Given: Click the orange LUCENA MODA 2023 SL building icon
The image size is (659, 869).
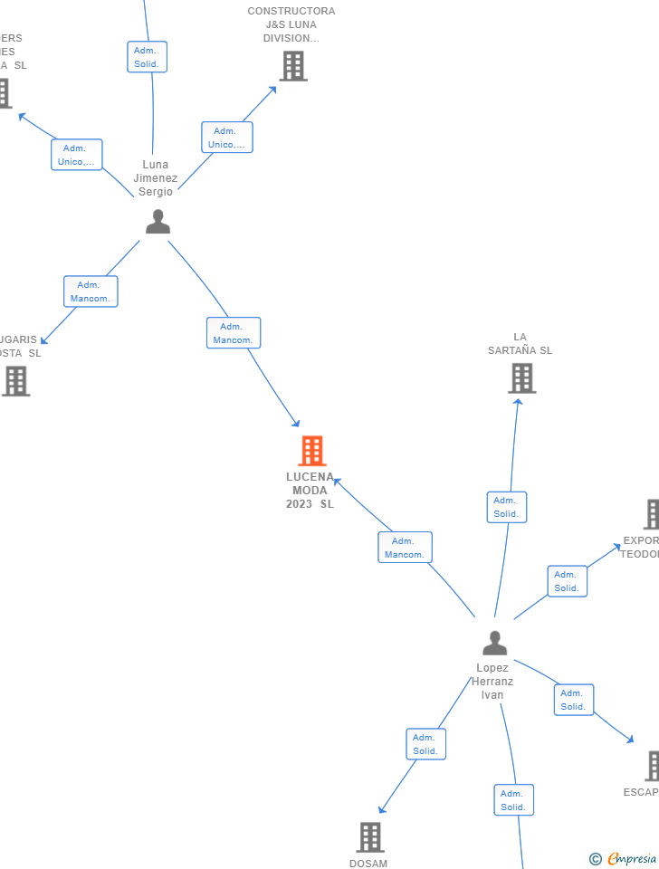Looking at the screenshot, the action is (x=311, y=451).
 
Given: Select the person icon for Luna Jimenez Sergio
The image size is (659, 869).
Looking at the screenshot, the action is (x=158, y=222).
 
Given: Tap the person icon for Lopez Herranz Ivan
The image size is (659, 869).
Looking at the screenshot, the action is (x=494, y=643).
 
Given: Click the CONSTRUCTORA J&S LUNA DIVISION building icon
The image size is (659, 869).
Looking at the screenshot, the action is (x=292, y=66).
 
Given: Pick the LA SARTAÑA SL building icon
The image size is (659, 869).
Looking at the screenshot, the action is (x=521, y=378).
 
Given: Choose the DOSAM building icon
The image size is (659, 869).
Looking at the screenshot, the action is (x=369, y=837).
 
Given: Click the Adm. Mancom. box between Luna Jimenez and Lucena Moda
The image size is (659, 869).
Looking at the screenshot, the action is (x=234, y=333).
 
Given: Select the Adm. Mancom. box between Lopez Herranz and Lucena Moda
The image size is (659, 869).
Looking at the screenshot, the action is (x=405, y=548).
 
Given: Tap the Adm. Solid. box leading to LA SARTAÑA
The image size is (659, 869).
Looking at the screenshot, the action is (x=506, y=507).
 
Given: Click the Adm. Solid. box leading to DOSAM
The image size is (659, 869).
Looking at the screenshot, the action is (x=425, y=744).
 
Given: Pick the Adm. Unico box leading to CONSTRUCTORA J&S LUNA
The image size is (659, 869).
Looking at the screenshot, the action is (x=226, y=138).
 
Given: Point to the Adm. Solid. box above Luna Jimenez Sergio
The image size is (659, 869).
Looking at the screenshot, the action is (x=147, y=57).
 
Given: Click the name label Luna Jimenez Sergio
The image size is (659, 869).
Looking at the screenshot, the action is (x=156, y=178).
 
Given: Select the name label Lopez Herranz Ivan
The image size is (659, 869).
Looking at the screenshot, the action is (x=492, y=682).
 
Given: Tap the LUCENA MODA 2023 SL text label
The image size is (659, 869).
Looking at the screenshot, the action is (x=310, y=491).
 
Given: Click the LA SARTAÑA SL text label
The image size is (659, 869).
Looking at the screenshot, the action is (x=520, y=344).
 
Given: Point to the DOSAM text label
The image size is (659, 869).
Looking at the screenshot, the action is (x=368, y=864).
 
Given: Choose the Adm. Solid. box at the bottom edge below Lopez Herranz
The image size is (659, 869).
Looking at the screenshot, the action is (x=513, y=800).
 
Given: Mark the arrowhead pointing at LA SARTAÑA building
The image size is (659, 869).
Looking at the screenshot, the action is (x=518, y=401).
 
